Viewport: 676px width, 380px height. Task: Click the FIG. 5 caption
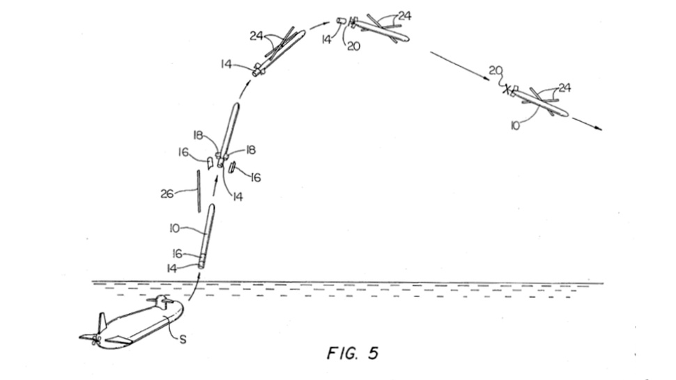352,354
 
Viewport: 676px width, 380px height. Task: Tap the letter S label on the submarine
183,341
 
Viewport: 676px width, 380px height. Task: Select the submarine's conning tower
162,303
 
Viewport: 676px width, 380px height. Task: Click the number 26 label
167,194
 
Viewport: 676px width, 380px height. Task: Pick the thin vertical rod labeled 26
197,191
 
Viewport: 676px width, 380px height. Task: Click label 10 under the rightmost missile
516,126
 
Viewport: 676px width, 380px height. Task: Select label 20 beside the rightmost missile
496,70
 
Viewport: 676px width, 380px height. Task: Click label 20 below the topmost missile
353,47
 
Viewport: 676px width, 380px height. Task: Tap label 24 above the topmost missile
404,15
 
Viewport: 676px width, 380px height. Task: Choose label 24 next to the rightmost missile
564,88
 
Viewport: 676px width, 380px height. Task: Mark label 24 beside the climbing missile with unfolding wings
256,35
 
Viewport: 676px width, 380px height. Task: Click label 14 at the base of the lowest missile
172,268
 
